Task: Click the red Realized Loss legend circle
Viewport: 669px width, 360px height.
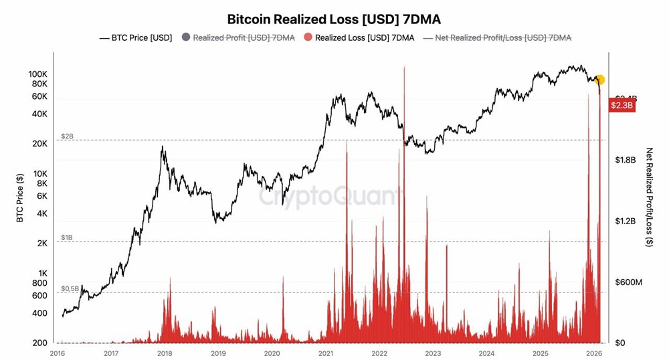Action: pyautogui.click(x=308, y=37)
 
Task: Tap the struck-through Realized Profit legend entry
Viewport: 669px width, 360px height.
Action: pyautogui.click(x=238, y=37)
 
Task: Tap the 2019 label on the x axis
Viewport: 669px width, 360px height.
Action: pyautogui.click(x=218, y=353)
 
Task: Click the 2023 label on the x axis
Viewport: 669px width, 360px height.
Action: pyautogui.click(x=433, y=353)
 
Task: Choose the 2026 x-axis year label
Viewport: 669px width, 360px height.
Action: pyautogui.click(x=593, y=353)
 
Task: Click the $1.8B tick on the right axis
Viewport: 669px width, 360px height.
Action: pyautogui.click(x=625, y=160)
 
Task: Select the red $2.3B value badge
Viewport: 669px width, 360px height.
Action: pyautogui.click(x=622, y=105)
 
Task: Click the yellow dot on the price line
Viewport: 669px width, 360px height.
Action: pyautogui.click(x=599, y=80)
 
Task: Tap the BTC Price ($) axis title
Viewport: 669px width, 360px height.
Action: pyautogui.click(x=20, y=197)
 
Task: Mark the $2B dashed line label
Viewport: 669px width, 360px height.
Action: pyautogui.click(x=67, y=136)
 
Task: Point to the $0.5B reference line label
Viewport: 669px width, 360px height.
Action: pyautogui.click(x=70, y=288)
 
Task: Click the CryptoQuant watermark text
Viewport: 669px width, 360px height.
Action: pyautogui.click(x=330, y=197)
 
